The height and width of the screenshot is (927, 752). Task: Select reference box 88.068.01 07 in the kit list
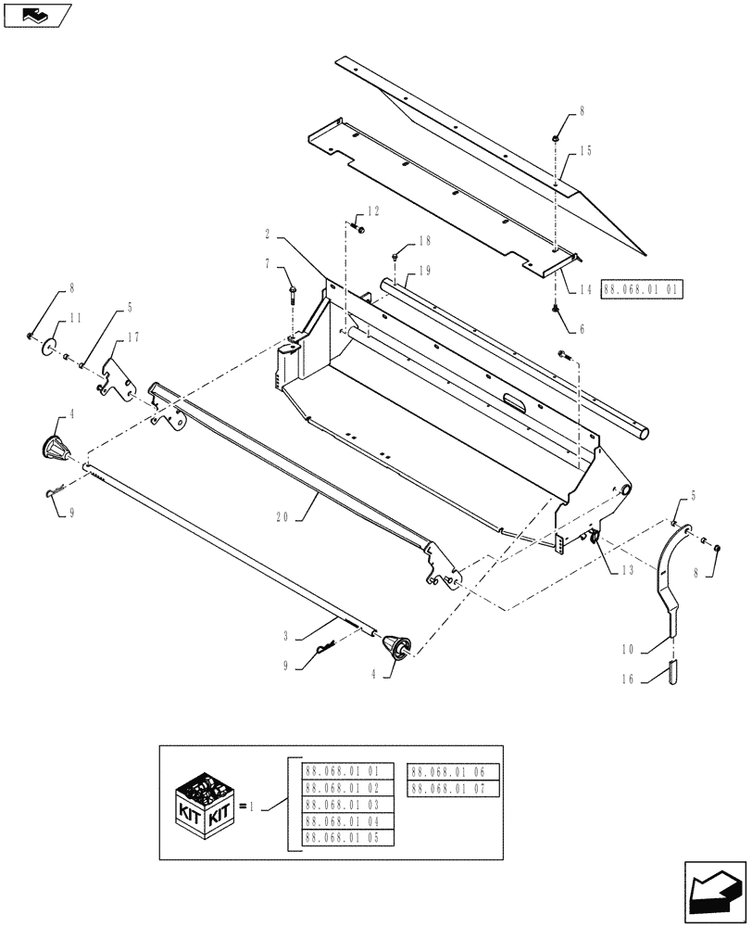pos(453,788)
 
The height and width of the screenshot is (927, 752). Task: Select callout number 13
pos(629,570)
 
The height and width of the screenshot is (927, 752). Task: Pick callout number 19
pos(426,271)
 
